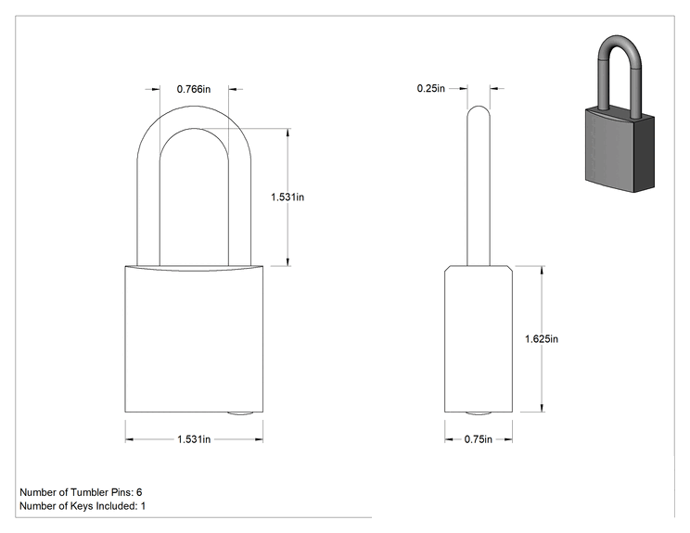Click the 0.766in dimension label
click(194, 89)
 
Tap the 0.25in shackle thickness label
click(431, 88)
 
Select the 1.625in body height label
click(542, 339)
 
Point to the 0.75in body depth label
click(479, 439)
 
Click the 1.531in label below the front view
click(194, 439)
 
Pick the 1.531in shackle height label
click(287, 197)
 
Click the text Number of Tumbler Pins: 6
click(81, 492)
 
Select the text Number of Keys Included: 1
click(83, 506)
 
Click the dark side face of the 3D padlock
click(644, 154)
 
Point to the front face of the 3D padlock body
click(609, 148)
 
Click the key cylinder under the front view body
click(240, 413)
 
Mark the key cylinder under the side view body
click(479, 413)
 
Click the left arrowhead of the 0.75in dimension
click(449, 439)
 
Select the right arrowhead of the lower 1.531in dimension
click(259, 439)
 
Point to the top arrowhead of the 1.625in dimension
click(542, 270)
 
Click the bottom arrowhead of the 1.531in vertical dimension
click(288, 261)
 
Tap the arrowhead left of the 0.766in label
click(156, 89)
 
